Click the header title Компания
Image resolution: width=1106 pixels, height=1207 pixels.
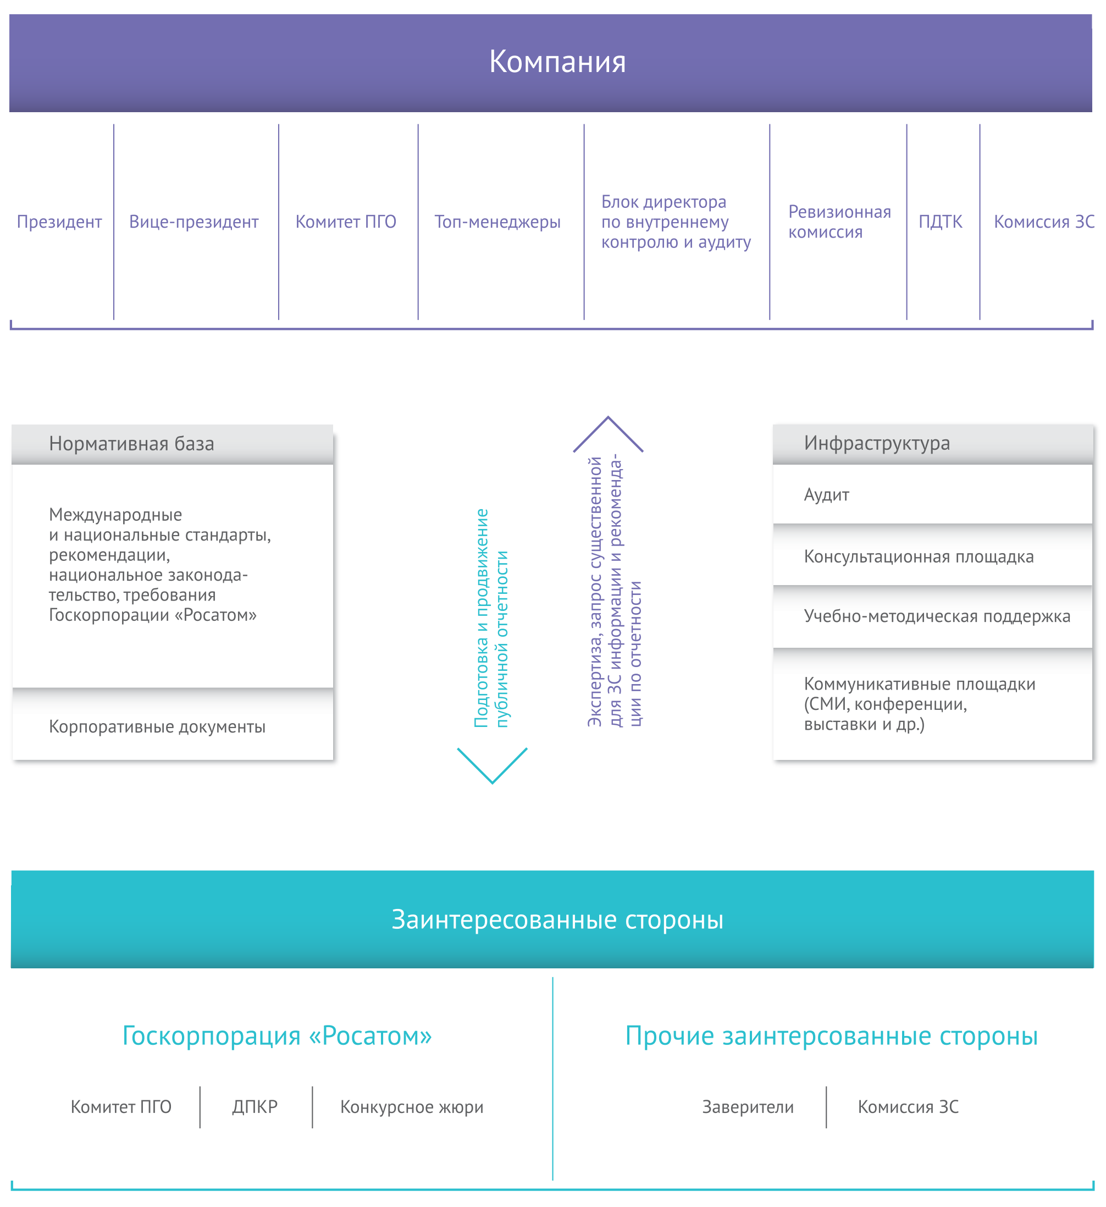pyautogui.click(x=557, y=62)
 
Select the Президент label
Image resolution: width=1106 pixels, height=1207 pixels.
pyautogui.click(x=59, y=222)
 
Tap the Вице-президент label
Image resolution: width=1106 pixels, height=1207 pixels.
pyautogui.click(x=194, y=222)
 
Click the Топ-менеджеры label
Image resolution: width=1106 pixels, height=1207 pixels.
pyautogui.click(x=497, y=222)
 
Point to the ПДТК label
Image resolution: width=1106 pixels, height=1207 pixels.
pyautogui.click(x=940, y=222)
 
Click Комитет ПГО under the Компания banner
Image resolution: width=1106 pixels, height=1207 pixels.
pyautogui.click(x=346, y=222)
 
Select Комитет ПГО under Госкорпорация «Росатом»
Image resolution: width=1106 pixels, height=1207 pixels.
pyautogui.click(x=121, y=1107)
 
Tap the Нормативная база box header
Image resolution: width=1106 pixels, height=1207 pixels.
pyautogui.click(x=173, y=444)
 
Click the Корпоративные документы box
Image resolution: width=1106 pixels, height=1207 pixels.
pyautogui.click(x=173, y=726)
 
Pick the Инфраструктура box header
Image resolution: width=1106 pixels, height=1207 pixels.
pyautogui.click(x=932, y=444)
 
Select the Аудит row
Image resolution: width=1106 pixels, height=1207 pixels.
pyautogui.click(x=932, y=494)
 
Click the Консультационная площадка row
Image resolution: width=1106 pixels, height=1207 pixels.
pyautogui.click(x=932, y=556)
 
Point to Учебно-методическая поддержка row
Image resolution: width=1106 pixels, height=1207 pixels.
pyautogui.click(x=932, y=616)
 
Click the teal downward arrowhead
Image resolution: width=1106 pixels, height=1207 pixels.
pyautogui.click(x=492, y=767)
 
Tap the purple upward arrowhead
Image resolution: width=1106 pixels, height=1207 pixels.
pyautogui.click(x=608, y=433)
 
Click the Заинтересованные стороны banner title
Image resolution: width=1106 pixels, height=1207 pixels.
pyautogui.click(x=557, y=919)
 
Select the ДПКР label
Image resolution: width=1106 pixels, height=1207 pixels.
pyautogui.click(x=255, y=1107)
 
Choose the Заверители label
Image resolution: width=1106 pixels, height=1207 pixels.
pyautogui.click(x=748, y=1107)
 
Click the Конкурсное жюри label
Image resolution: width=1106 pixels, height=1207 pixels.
pyautogui.click(x=412, y=1107)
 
